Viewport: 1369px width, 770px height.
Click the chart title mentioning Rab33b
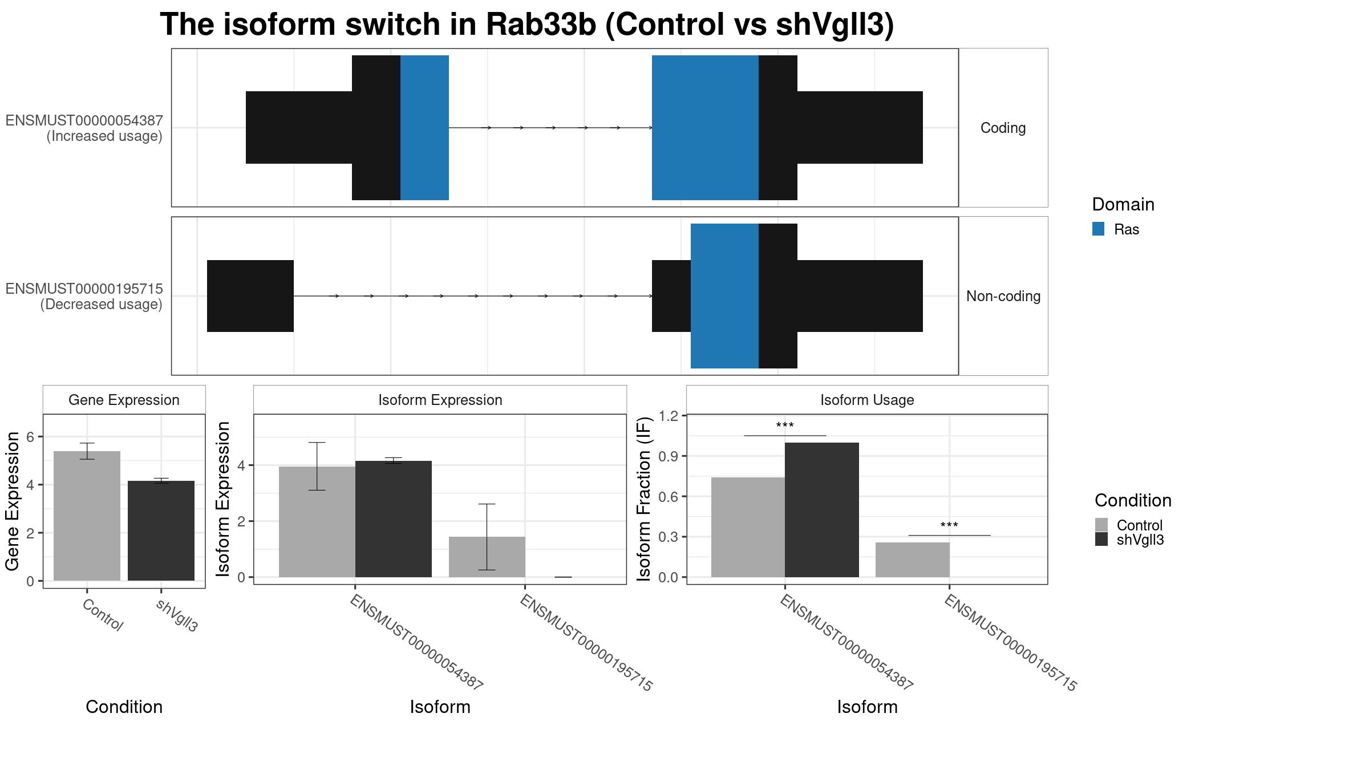click(527, 25)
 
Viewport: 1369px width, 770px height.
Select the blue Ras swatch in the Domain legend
click(1098, 229)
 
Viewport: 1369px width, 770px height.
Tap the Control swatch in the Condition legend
click(1101, 525)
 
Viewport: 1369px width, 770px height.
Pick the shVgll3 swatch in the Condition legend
click(1101, 539)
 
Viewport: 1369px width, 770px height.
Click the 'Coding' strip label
click(1003, 128)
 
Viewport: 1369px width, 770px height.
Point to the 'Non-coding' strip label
click(1003, 296)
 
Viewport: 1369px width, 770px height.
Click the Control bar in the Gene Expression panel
click(87, 516)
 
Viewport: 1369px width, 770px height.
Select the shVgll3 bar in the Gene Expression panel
click(161, 530)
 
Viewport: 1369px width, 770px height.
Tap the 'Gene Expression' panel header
click(124, 400)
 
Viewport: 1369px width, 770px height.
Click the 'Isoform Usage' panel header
click(867, 400)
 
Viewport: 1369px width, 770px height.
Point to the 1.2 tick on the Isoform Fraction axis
click(669, 416)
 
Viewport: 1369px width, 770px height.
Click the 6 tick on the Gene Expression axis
click(31, 437)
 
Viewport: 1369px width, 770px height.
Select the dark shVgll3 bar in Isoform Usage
click(821, 510)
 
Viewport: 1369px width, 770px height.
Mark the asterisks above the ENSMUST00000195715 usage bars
click(949, 525)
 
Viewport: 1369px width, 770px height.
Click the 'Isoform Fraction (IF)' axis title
click(644, 500)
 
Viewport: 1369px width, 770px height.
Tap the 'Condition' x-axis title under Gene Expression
click(124, 707)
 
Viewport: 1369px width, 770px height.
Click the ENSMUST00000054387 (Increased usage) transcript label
click(84, 128)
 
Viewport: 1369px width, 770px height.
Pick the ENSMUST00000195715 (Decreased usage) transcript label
click(84, 297)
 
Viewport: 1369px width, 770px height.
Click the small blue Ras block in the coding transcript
click(424, 128)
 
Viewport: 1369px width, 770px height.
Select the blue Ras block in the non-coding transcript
click(724, 296)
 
